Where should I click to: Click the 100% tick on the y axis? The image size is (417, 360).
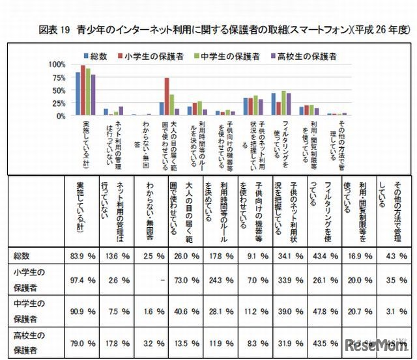(x=57, y=64)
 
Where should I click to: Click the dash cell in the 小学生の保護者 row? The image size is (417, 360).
(x=151, y=280)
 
